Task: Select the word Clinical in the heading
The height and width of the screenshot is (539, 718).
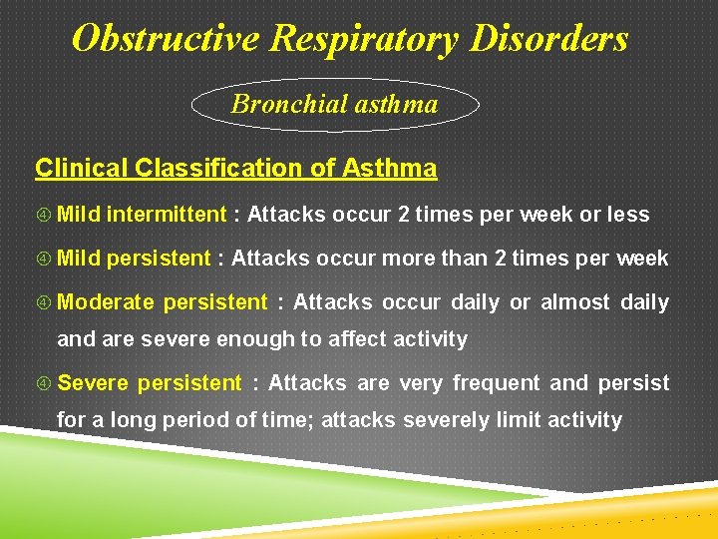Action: pyautogui.click(x=78, y=168)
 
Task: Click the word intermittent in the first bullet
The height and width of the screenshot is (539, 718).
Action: pyautogui.click(x=167, y=215)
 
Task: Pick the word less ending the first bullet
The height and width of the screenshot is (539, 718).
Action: pyautogui.click(x=628, y=215)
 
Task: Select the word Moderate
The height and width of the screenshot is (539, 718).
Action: pyautogui.click(x=105, y=302)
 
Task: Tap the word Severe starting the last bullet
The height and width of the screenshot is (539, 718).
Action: pyautogui.click(x=93, y=383)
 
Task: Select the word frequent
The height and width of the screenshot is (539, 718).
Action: pyautogui.click(x=503, y=383)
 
